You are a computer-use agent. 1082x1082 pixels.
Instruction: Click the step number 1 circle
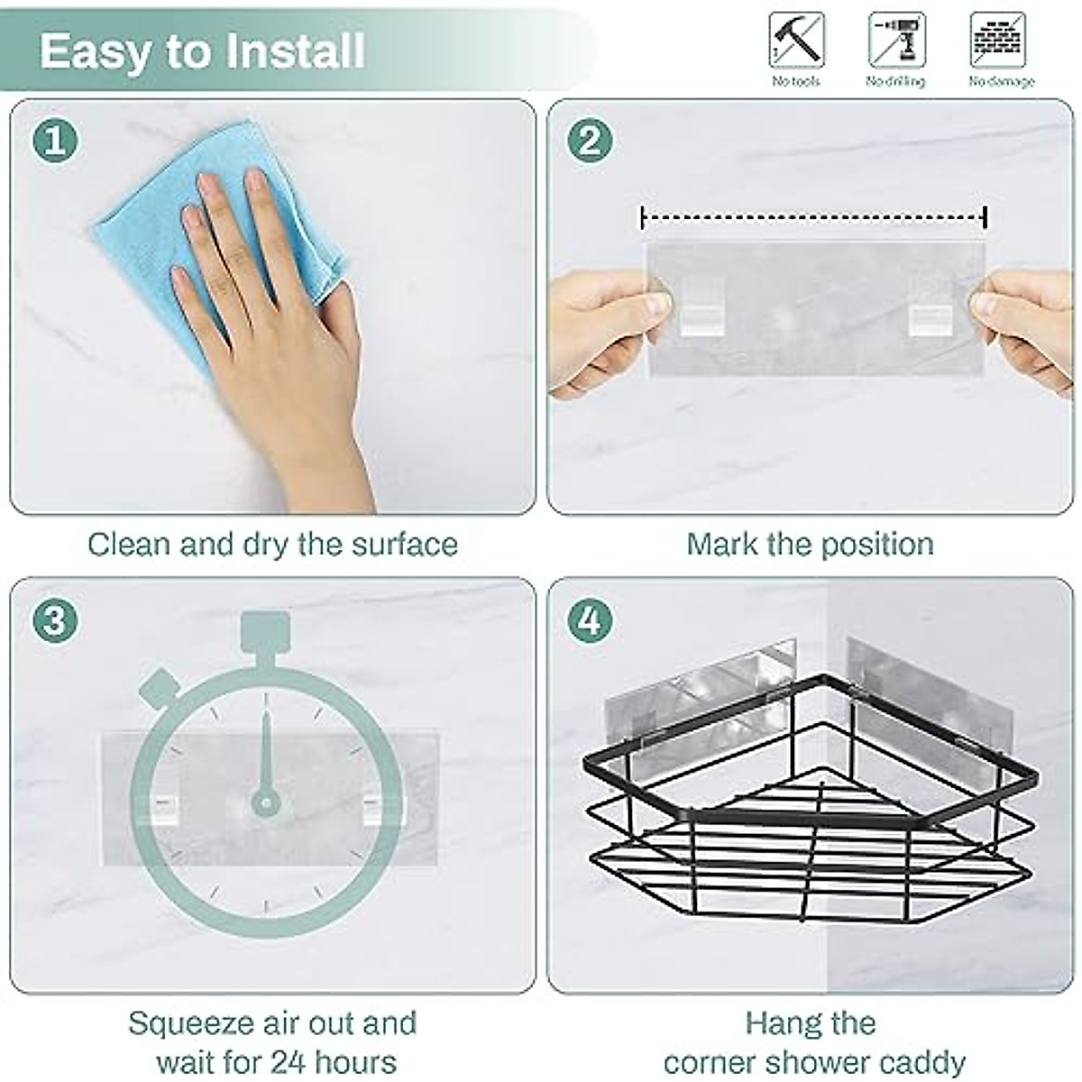(55, 142)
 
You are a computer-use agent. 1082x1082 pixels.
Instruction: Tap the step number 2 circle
(590, 142)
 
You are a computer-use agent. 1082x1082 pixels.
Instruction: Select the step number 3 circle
(55, 620)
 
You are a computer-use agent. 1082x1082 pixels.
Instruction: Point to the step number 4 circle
(590, 620)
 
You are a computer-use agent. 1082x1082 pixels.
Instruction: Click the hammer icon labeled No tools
(796, 40)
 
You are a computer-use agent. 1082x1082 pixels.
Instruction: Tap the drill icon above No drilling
(896, 40)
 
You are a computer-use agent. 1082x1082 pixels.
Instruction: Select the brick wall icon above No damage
(997, 40)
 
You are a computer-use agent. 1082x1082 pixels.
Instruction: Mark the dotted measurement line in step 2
(813, 217)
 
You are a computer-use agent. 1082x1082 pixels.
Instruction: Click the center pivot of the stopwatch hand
(265, 801)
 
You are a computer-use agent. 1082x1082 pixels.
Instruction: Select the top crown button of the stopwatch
(265, 631)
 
